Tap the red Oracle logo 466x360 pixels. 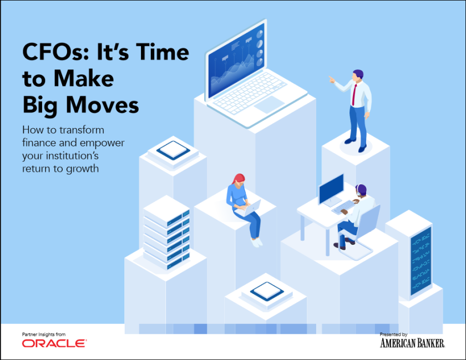[54, 343]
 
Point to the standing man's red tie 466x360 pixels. [354, 94]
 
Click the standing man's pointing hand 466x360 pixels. [331, 79]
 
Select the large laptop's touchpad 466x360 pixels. [269, 104]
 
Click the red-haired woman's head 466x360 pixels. [239, 179]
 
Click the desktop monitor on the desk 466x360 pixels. [331, 190]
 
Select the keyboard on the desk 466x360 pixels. [344, 207]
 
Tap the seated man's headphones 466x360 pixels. [359, 190]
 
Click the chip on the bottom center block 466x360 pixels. [267, 291]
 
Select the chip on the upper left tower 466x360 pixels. [173, 150]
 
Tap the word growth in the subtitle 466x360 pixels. [82, 169]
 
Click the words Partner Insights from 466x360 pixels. [44, 334]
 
